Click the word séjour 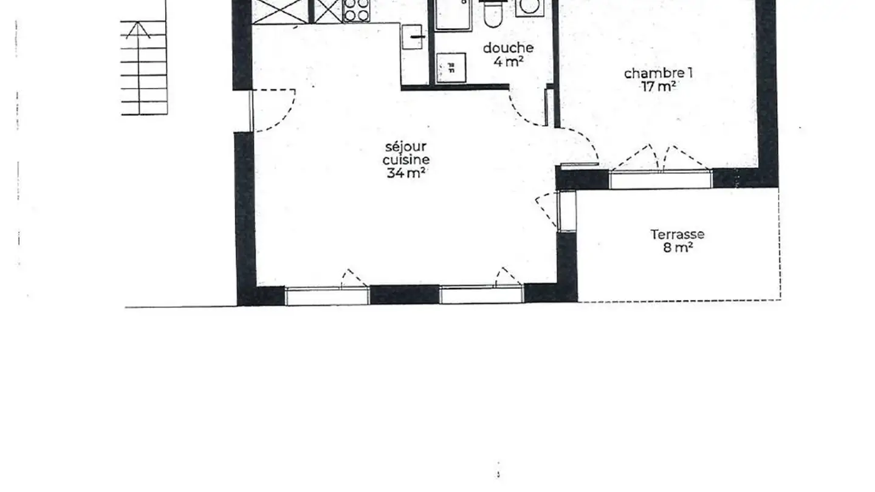pyautogui.click(x=405, y=146)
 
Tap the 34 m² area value pyautogui.click(x=405, y=173)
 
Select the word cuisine pyautogui.click(x=405, y=160)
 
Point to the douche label pyautogui.click(x=508, y=47)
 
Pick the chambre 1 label pyautogui.click(x=659, y=73)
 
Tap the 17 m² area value pyautogui.click(x=659, y=86)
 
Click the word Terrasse pyautogui.click(x=678, y=234)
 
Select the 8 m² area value pyautogui.click(x=678, y=248)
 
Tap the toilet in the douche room pyautogui.click(x=492, y=15)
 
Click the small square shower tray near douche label pyautogui.click(x=451, y=66)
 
